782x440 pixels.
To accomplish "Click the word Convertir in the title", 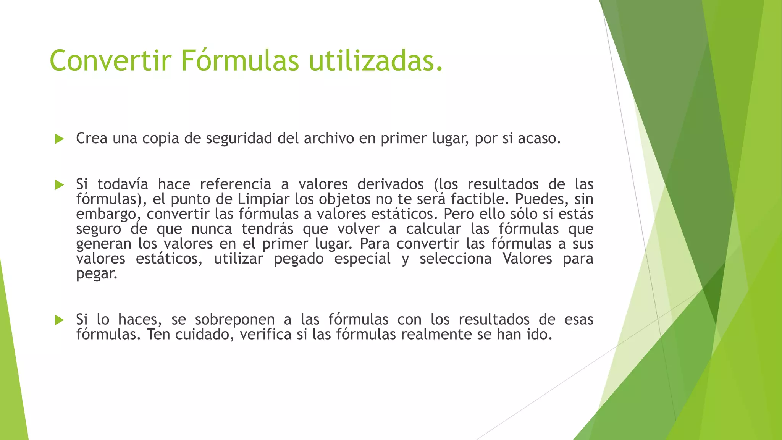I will (110, 60).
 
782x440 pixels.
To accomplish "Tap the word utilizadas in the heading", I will (376, 60).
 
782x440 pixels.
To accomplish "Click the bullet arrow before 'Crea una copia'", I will (59, 139).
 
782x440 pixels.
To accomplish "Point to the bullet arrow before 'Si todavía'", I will (59, 185).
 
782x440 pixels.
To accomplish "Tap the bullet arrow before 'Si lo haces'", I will (59, 320).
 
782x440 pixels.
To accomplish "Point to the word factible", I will (480, 199).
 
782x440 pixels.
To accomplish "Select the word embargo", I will (105, 214).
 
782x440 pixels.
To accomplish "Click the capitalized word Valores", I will (527, 259).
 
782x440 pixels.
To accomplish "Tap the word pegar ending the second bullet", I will (96, 274).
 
